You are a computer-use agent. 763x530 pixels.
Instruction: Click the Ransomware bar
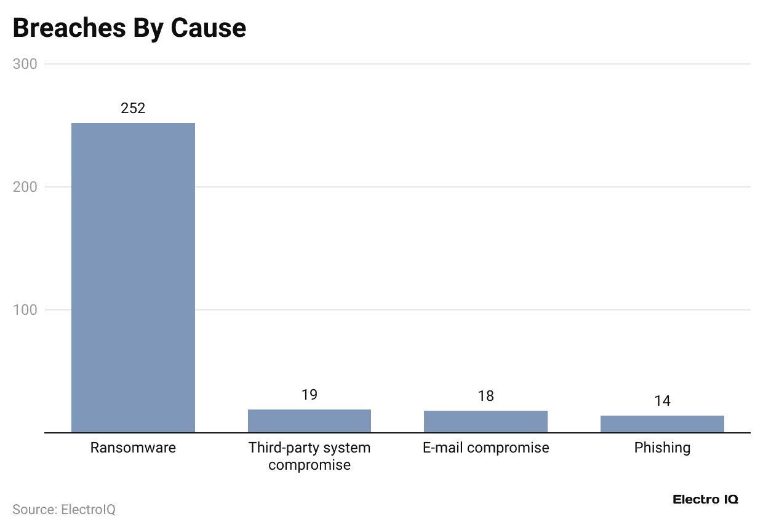coord(133,277)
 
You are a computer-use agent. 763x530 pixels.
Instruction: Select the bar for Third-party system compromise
coord(310,421)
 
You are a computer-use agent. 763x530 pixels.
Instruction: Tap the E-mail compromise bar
coord(485,422)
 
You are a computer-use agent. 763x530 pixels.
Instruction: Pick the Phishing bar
coord(662,424)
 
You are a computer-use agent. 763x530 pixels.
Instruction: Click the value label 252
coord(133,108)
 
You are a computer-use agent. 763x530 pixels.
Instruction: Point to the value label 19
coord(310,395)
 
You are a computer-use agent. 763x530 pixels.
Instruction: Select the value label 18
coord(485,396)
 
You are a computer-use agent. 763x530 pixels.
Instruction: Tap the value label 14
coord(662,401)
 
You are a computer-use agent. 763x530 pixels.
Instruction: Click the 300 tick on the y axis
coord(25,64)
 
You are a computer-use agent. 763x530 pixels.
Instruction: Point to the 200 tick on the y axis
coord(25,187)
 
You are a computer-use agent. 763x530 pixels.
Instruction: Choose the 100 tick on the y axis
coord(25,310)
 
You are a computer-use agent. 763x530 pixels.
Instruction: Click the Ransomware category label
coord(133,448)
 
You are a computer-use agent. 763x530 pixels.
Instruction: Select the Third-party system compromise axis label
coord(310,456)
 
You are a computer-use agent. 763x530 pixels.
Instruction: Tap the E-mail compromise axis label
coord(485,448)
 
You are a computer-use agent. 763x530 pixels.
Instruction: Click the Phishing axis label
coord(662,448)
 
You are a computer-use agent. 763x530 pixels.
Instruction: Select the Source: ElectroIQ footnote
coord(64,509)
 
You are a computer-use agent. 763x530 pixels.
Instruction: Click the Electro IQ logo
coord(705,499)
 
